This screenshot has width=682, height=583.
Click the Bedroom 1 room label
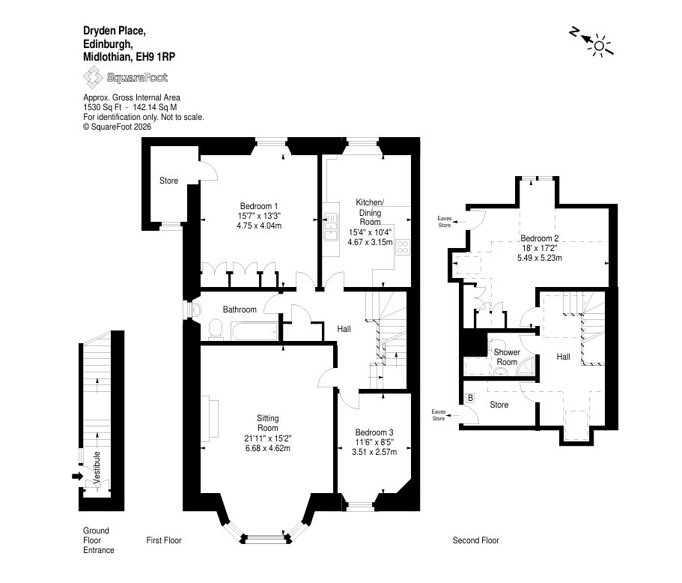[259, 206]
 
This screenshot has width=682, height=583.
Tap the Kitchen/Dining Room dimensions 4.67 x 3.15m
[370, 242]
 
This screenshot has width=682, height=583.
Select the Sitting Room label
[267, 423]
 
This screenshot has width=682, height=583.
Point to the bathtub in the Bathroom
[255, 332]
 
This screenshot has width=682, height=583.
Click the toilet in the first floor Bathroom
[216, 329]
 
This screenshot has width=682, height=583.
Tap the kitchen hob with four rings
[403, 247]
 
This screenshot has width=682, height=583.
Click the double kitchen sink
[331, 226]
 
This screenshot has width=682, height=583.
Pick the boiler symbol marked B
[470, 398]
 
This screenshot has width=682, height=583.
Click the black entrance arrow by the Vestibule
[77, 477]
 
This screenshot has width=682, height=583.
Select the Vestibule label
[97, 466]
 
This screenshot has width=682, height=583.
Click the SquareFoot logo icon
[92, 77]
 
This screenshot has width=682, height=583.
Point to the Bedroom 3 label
[374, 432]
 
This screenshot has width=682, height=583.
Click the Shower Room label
[507, 357]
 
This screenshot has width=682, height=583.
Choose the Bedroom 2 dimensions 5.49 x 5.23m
[539, 258]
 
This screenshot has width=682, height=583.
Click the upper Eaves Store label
[445, 222]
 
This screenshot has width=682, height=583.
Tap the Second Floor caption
[476, 540]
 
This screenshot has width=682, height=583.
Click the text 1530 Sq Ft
[103, 107]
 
